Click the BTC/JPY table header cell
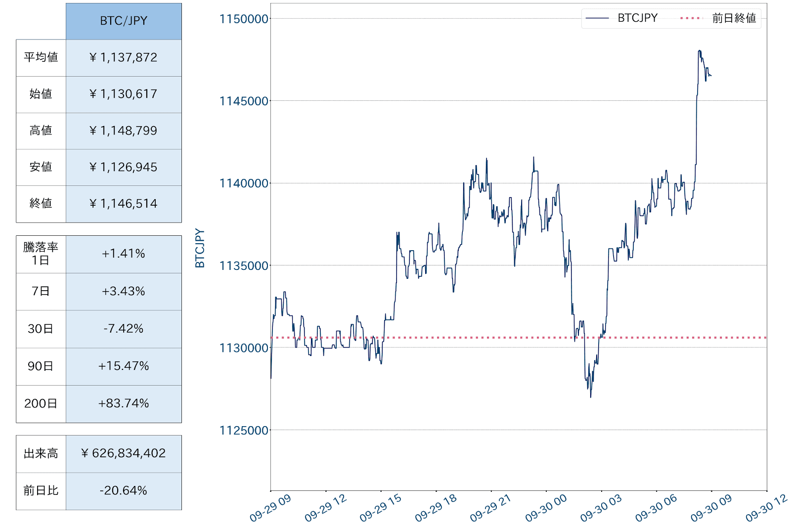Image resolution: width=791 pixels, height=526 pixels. (x=124, y=21)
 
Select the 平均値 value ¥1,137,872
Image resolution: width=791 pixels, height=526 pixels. (x=124, y=58)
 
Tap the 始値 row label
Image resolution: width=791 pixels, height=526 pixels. (x=41, y=94)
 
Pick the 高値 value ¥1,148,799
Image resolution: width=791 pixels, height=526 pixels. (x=124, y=131)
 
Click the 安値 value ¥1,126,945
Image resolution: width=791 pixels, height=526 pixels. (x=124, y=167)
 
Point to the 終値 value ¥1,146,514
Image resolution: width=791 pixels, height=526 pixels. (x=124, y=204)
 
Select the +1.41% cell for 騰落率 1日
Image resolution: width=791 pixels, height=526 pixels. (x=124, y=254)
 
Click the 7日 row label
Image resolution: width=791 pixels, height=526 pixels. (x=41, y=291)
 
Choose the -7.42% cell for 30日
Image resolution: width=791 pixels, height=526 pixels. (x=124, y=329)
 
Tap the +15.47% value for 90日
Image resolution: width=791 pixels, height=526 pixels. (x=124, y=366)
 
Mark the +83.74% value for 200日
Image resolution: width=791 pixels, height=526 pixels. (x=124, y=403)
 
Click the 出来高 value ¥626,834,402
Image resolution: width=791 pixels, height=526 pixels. (x=124, y=453)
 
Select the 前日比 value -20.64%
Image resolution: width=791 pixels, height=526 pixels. (x=124, y=490)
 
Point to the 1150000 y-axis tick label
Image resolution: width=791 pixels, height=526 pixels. (x=244, y=19)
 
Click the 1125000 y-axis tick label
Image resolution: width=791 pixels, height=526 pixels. (x=244, y=431)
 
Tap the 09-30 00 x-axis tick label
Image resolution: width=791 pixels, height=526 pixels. (x=546, y=508)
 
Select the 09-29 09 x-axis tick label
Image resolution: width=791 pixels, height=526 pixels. (x=270, y=508)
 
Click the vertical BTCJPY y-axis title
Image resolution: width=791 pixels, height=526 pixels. (x=200, y=248)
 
